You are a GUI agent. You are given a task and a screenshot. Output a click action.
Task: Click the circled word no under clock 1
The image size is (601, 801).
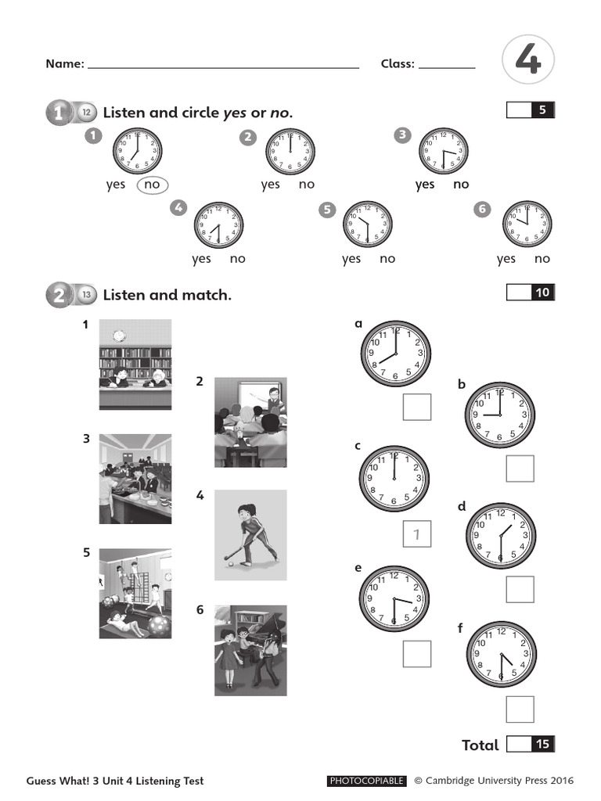click(x=152, y=185)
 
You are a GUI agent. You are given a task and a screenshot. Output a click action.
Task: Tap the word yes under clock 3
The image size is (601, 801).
click(x=425, y=185)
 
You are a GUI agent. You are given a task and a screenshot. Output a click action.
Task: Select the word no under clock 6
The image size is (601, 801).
click(x=542, y=259)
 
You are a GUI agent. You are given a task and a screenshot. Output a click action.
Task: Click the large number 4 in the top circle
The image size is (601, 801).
click(x=528, y=61)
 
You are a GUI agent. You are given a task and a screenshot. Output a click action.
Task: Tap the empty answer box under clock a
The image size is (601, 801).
click(x=417, y=407)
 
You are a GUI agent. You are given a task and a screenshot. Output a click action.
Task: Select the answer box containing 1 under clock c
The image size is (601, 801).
click(x=417, y=534)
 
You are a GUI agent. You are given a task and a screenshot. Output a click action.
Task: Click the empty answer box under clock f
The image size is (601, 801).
click(x=520, y=709)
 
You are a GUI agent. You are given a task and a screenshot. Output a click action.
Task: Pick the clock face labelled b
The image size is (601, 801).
click(x=500, y=415)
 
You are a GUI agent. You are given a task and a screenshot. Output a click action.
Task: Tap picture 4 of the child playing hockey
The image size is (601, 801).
click(x=250, y=535)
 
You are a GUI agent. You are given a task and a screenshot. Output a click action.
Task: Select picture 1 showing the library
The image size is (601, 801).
click(x=135, y=364)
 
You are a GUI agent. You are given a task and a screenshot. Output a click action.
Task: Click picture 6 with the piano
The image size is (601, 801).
click(x=250, y=650)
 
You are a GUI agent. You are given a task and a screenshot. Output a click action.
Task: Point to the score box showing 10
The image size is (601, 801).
click(x=530, y=293)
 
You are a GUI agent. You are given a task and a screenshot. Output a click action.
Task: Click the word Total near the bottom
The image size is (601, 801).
click(x=480, y=745)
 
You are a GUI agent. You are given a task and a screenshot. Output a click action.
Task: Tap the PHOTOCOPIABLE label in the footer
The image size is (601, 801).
click(x=366, y=781)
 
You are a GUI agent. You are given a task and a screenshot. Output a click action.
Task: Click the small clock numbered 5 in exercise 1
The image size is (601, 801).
click(x=368, y=225)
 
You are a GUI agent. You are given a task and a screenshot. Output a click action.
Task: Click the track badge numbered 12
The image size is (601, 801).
click(x=86, y=113)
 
